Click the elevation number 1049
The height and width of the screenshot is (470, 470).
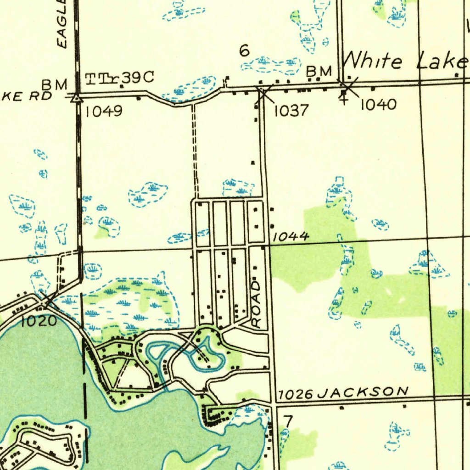coord(104,111)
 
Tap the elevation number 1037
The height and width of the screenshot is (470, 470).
coord(291,111)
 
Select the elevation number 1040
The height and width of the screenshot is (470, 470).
coord(378,105)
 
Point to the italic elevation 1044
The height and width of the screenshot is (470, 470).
coord(291,237)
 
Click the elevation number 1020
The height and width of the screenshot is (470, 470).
coord(39,321)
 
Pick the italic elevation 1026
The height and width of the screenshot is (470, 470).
coord(296,394)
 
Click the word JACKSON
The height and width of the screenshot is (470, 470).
coord(363,392)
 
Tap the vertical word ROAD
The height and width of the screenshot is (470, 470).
coord(256,304)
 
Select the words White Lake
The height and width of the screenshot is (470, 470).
coord(404,61)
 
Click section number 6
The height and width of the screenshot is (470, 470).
coord(245,51)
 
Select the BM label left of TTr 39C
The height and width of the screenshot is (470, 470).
coord(55,84)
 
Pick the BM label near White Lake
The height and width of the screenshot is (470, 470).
coord(319,71)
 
